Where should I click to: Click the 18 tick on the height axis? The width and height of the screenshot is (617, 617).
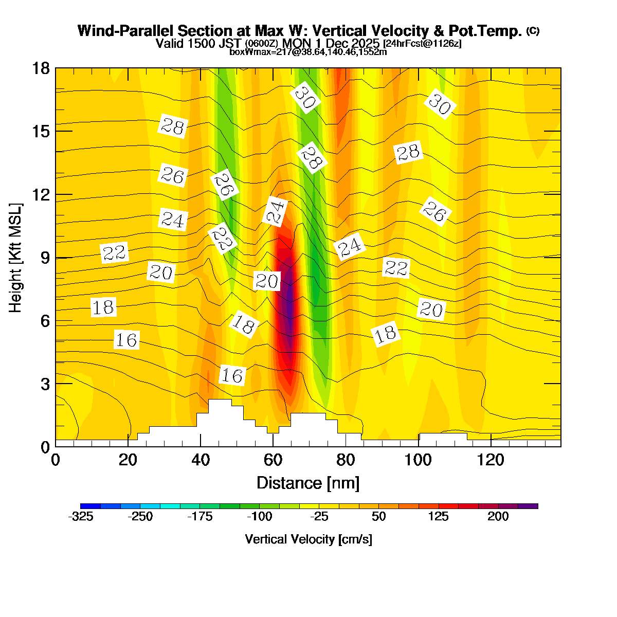pyautogui.click(x=41, y=68)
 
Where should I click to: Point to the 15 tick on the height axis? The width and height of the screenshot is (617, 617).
pyautogui.click(x=41, y=131)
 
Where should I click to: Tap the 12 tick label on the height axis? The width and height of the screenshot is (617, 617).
pyautogui.click(x=41, y=194)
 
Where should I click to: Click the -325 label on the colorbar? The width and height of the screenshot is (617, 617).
pyautogui.click(x=81, y=517)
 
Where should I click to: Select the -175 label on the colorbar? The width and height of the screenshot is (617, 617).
pyautogui.click(x=200, y=517)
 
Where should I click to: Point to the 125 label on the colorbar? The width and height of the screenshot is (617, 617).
pyautogui.click(x=439, y=517)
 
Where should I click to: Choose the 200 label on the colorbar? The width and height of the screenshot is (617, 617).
pyautogui.click(x=498, y=517)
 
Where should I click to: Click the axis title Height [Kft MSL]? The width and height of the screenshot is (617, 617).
pyautogui.click(x=16, y=258)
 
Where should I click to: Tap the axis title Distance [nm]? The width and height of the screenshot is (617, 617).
pyautogui.click(x=308, y=483)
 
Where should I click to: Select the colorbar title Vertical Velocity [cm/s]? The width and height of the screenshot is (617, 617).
pyautogui.click(x=308, y=539)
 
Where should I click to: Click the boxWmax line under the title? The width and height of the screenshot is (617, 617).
pyautogui.click(x=308, y=51)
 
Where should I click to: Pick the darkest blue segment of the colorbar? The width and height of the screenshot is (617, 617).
pyautogui.click(x=90, y=506)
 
